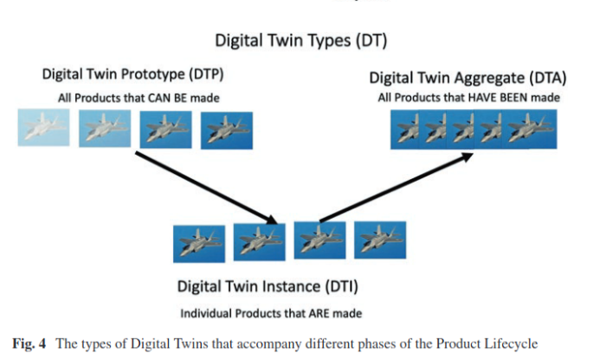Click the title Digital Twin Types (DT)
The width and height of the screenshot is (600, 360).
click(300, 41)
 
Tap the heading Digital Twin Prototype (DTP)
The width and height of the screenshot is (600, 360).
click(132, 74)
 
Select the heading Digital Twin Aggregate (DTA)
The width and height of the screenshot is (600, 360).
click(468, 78)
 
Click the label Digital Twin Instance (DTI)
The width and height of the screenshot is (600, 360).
click(268, 286)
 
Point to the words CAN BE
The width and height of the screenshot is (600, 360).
click(168, 99)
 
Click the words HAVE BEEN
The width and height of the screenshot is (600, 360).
click(498, 98)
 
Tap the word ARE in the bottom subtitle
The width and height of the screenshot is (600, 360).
click(319, 314)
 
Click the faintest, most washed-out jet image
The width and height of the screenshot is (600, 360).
click(43, 127)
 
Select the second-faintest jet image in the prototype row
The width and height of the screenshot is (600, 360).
click(105, 129)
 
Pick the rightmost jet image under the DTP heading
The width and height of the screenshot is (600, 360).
click(227, 131)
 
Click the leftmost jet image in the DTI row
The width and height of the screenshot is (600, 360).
click(199, 244)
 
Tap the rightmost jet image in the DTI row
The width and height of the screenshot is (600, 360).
click(380, 240)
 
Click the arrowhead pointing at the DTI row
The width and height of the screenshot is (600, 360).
click(271, 220)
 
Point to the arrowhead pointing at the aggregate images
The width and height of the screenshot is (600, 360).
click(468, 157)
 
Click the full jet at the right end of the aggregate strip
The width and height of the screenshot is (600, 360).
click(531, 129)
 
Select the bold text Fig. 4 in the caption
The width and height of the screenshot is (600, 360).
click(29, 344)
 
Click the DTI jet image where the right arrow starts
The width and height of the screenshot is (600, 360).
click(319, 241)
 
